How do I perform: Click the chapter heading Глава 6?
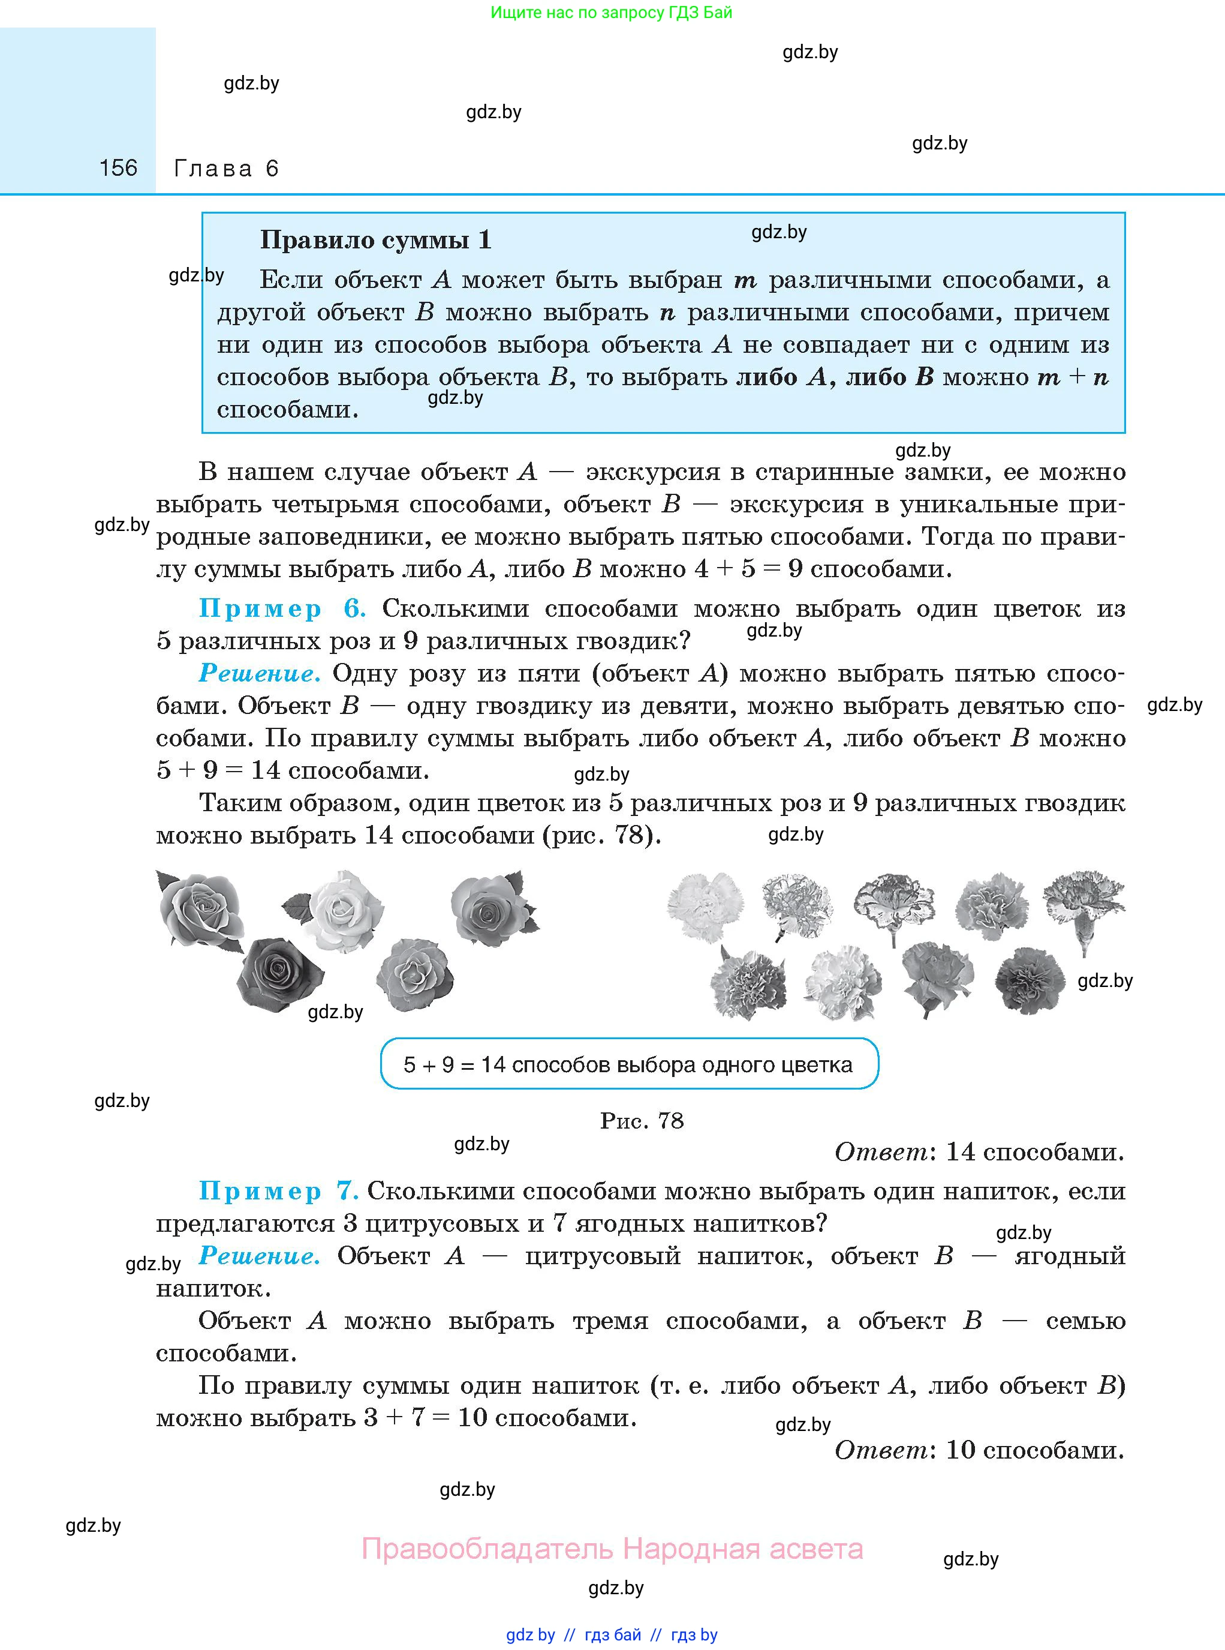click(225, 169)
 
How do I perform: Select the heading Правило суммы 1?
click(375, 239)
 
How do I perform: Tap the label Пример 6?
click(282, 608)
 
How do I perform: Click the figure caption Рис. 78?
click(642, 1120)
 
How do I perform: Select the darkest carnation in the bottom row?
click(1030, 980)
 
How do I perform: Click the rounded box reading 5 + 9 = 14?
click(629, 1064)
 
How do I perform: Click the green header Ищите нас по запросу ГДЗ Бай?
click(611, 13)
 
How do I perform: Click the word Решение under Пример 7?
click(260, 1256)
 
